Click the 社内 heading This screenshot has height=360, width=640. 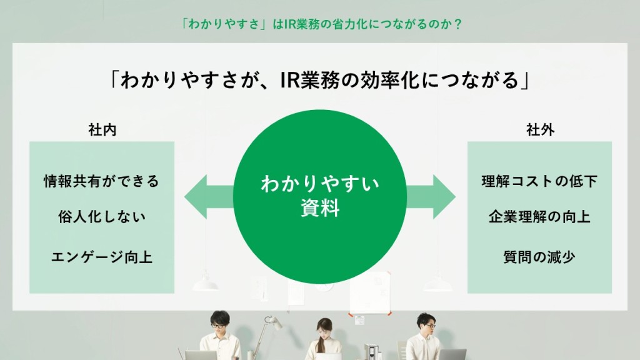point(102,130)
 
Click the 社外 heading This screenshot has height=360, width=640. point(540,130)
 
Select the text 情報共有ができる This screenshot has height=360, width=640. point(102,181)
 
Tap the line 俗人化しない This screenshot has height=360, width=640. point(102,217)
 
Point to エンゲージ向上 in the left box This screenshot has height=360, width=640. point(102,257)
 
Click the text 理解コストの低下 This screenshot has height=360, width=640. point(539,181)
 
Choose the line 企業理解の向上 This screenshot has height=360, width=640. point(539,217)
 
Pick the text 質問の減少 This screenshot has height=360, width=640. point(539,257)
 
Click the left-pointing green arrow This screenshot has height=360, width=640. point(209,197)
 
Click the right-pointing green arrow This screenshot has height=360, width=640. point(431,197)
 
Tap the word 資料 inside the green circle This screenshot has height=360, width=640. point(320,207)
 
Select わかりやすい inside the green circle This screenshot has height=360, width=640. point(320,184)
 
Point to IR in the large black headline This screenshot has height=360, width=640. point(290,80)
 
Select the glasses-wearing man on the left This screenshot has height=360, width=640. point(221,336)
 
